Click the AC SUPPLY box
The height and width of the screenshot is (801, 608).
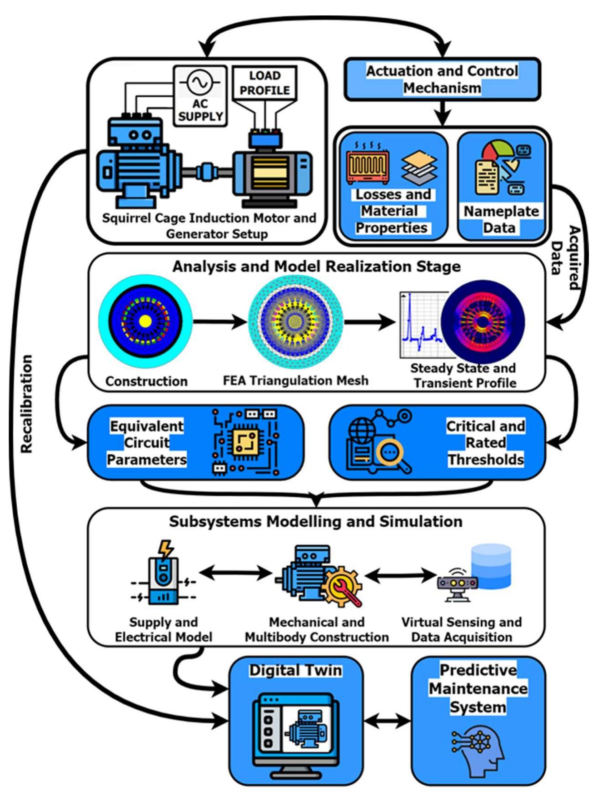200,96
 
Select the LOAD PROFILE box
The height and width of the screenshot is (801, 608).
264,83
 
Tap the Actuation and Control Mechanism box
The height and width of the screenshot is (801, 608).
442,79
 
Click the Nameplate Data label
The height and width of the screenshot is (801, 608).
501,219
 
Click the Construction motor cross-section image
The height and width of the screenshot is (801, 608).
145,321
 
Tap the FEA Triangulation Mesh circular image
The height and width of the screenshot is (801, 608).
295,321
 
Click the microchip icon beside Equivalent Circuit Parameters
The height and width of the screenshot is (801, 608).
246,442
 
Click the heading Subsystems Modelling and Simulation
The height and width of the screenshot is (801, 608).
316,521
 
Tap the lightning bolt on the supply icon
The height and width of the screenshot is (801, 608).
165,549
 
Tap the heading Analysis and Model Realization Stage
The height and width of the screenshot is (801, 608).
316,266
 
